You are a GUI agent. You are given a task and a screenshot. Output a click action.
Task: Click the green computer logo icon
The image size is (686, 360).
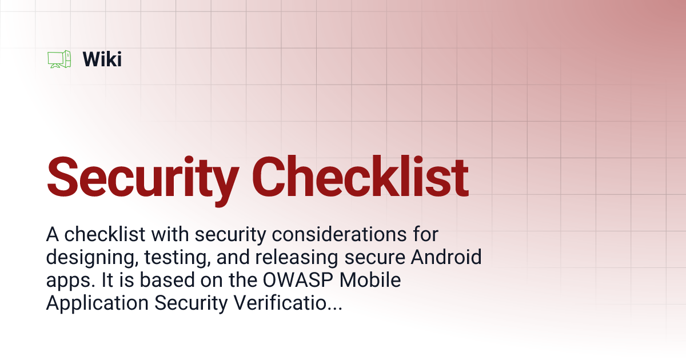tap(59, 59)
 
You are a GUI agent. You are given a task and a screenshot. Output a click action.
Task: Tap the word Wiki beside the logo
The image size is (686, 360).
tap(102, 59)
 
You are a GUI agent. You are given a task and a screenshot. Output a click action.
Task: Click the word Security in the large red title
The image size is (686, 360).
tap(143, 177)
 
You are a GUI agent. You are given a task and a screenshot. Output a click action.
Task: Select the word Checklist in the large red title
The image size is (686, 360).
tap(361, 177)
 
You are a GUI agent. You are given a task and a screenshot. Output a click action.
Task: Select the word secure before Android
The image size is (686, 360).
tap(378, 258)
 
